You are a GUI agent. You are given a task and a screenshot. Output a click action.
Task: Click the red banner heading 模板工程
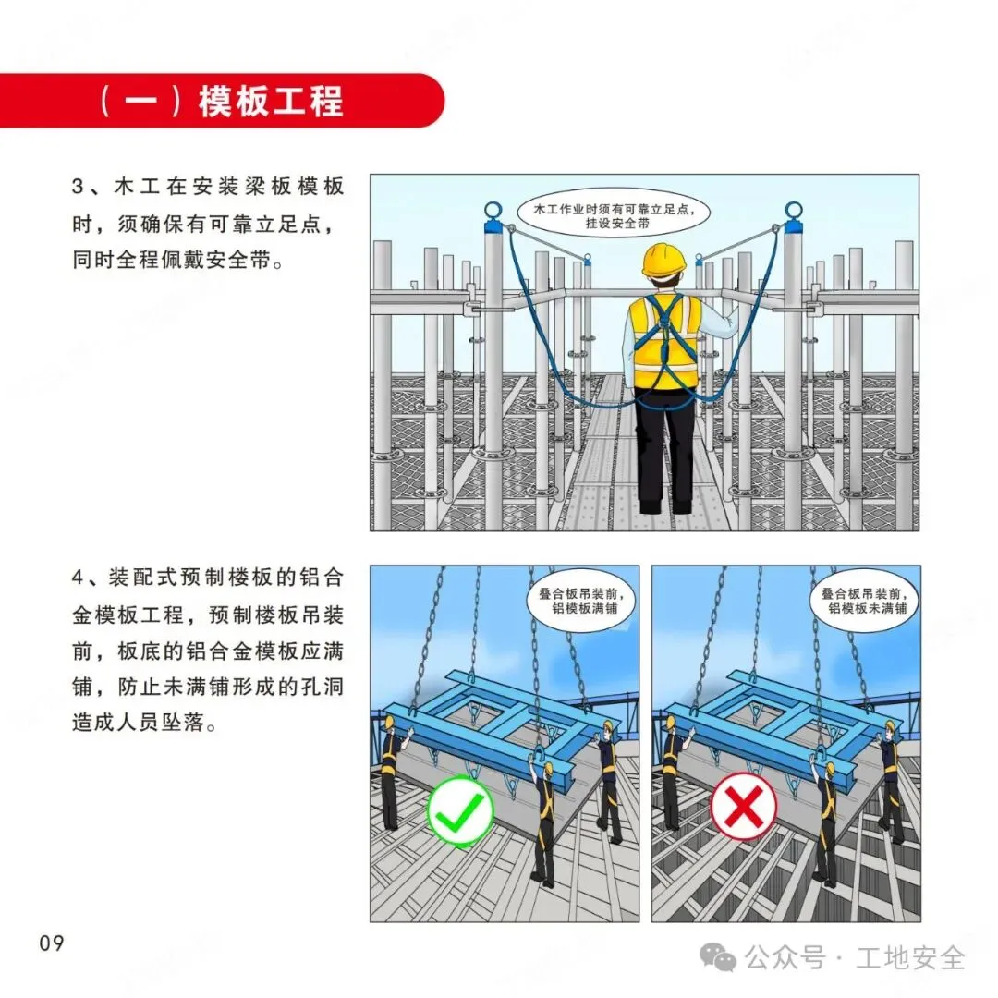(x=271, y=102)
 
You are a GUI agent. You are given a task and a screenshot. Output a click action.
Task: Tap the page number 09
(x=52, y=943)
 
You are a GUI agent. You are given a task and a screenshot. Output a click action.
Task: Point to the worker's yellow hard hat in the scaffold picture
(x=663, y=260)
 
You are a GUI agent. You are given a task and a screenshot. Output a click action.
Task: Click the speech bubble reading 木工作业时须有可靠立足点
(x=614, y=215)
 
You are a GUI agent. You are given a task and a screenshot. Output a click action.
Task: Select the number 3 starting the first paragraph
(x=78, y=187)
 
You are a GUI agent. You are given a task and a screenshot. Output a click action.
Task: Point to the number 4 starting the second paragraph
(x=78, y=578)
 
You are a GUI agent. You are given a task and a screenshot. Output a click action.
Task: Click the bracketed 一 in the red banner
(x=140, y=102)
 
